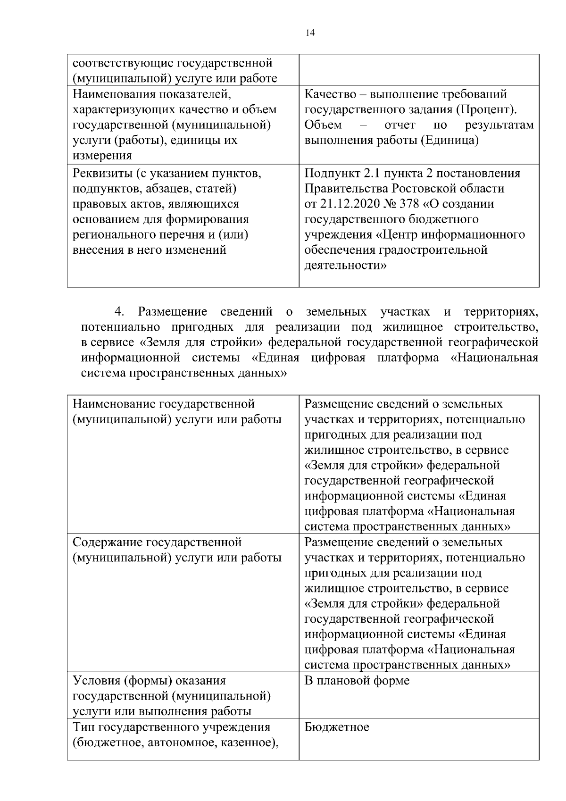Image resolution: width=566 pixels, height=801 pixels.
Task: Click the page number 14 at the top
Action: coord(310,33)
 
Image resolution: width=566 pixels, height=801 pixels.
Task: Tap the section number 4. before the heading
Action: coord(119,312)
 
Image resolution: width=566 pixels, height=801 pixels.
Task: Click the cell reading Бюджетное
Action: coord(337,727)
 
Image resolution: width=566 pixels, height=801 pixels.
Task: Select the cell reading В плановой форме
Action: coord(357,681)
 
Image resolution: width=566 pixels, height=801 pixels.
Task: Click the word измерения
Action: coord(102,156)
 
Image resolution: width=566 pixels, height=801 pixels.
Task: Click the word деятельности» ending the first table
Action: coord(346,265)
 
